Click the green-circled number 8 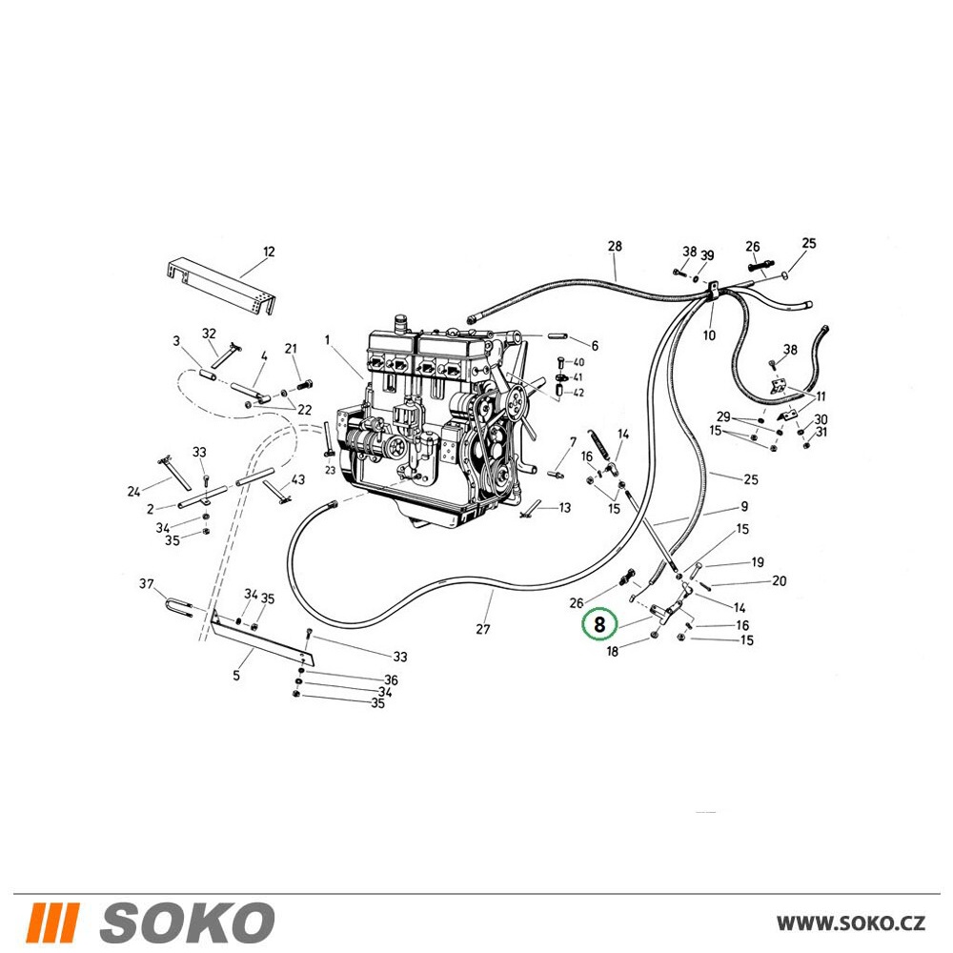[x=599, y=624]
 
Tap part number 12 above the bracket [x=269, y=252]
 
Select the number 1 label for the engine [x=327, y=340]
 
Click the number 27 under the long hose [x=482, y=630]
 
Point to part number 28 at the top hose [x=615, y=246]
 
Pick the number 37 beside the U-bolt [x=147, y=584]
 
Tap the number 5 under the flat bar [x=236, y=676]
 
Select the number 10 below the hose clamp [x=709, y=335]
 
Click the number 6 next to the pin [x=595, y=346]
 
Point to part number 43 [x=297, y=479]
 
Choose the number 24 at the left [x=134, y=491]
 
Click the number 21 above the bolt [x=291, y=349]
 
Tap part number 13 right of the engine [x=564, y=508]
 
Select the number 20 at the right [x=780, y=581]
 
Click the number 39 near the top [x=707, y=255]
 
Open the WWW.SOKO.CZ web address [x=851, y=923]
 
